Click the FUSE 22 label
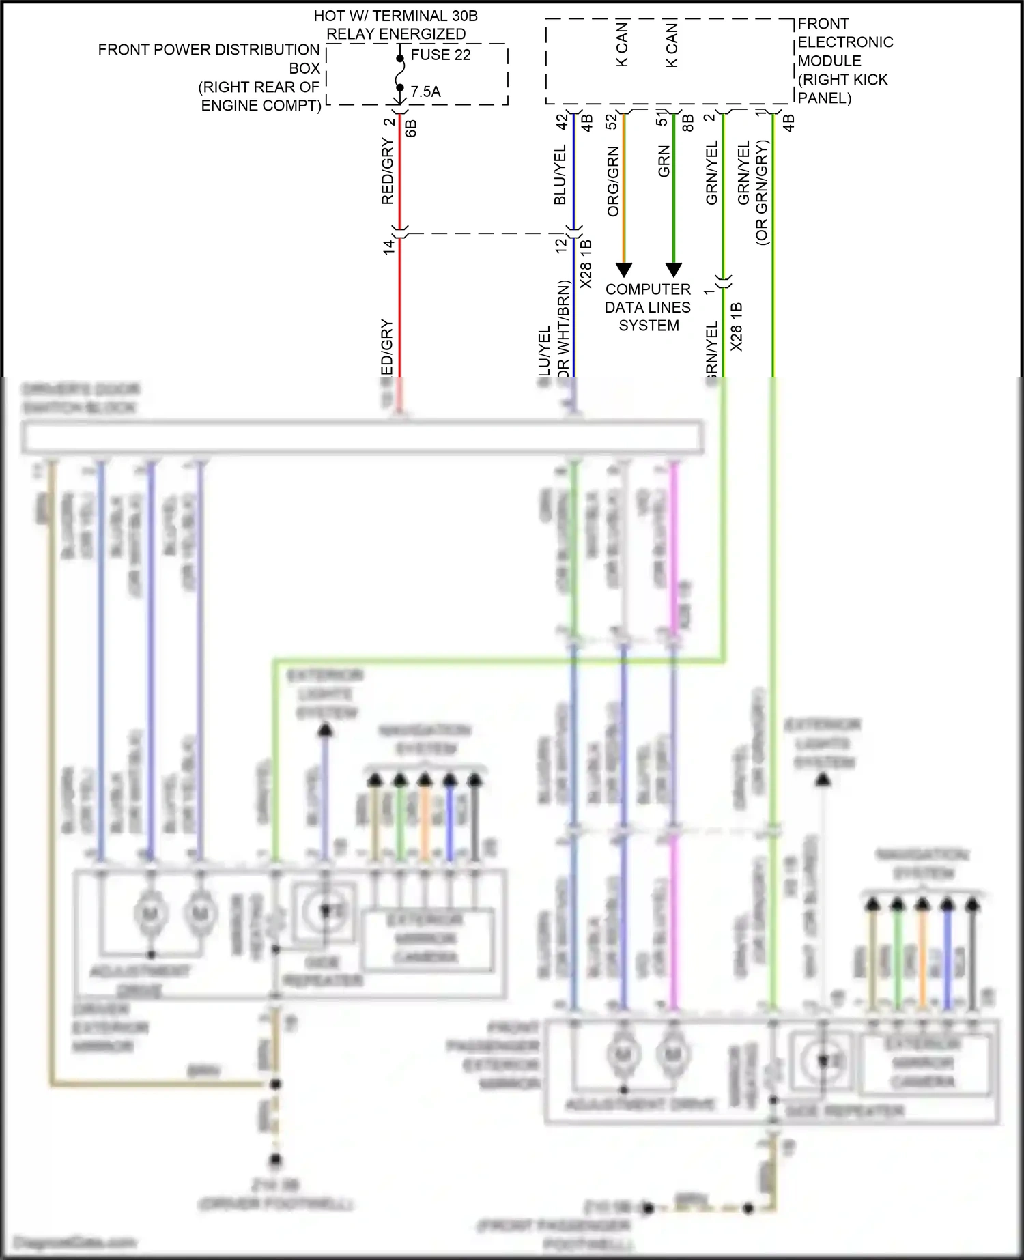(x=440, y=55)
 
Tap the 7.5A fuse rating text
(x=425, y=91)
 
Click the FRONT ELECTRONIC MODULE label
(x=844, y=61)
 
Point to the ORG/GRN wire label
(x=613, y=181)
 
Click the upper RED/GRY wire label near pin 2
(x=387, y=171)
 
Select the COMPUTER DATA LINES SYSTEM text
(x=648, y=307)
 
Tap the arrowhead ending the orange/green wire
(x=624, y=270)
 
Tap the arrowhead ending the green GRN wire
(x=674, y=270)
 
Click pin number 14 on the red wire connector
(x=388, y=247)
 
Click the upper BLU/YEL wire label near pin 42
(x=560, y=174)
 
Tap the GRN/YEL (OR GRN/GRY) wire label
(x=753, y=191)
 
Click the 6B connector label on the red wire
(x=411, y=128)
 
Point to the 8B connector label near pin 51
(x=688, y=123)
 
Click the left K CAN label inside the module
(x=622, y=44)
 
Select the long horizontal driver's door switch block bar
(x=362, y=438)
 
